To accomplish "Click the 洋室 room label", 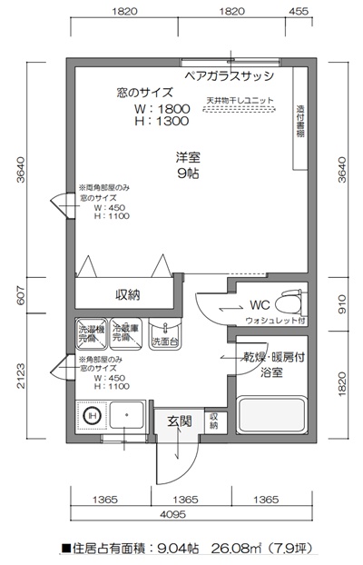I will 189,157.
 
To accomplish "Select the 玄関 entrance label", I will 179,421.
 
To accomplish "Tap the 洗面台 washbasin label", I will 164,342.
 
